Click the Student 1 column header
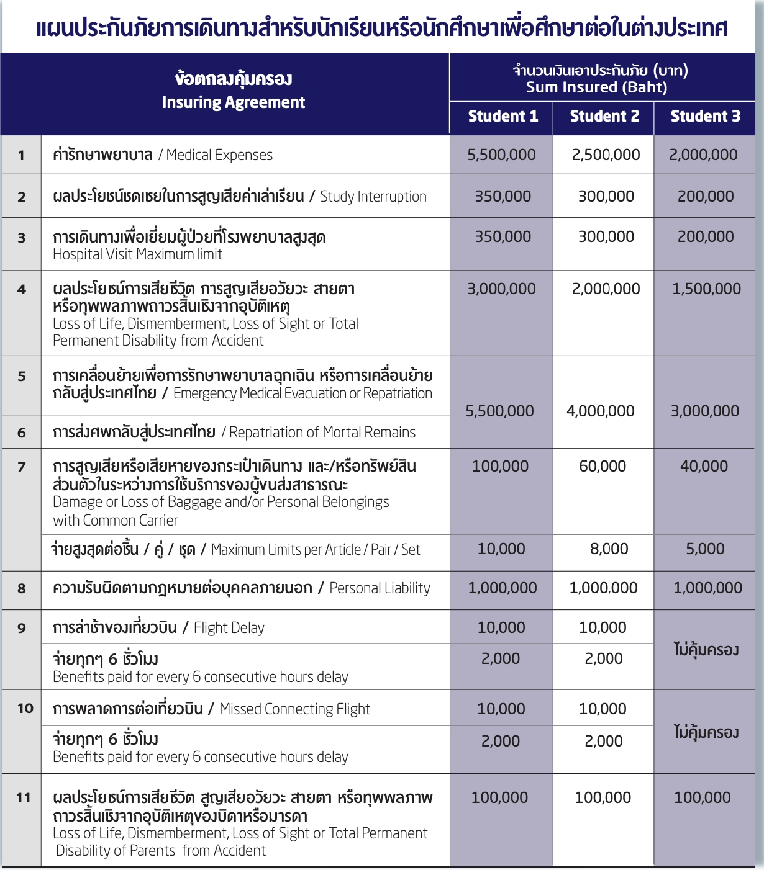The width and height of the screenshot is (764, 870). point(503,117)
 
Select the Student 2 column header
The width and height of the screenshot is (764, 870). point(604,117)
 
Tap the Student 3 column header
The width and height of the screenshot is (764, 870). point(705,117)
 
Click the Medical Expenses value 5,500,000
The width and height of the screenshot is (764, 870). point(501,155)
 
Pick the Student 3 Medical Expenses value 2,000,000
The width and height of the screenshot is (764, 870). point(703,155)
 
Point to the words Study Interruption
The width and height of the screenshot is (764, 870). point(373,197)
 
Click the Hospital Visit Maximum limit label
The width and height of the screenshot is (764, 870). point(137,254)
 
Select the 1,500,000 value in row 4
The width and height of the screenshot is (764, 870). point(706,289)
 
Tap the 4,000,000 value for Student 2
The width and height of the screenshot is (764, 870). point(600,411)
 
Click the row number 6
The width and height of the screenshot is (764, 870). point(22,433)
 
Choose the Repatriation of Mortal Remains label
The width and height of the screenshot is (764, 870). point(322,433)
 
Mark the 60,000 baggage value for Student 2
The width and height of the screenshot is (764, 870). point(603,467)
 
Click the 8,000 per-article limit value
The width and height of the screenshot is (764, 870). point(609,549)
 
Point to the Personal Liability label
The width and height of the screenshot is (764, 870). point(380,588)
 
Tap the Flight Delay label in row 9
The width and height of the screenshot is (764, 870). point(229,628)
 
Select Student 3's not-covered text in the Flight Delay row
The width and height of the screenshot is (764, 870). point(706,650)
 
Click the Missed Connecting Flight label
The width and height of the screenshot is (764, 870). point(294,709)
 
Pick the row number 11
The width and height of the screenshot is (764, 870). point(24,798)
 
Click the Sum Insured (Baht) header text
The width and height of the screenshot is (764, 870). point(596,87)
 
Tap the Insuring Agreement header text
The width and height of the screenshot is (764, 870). point(233,102)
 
